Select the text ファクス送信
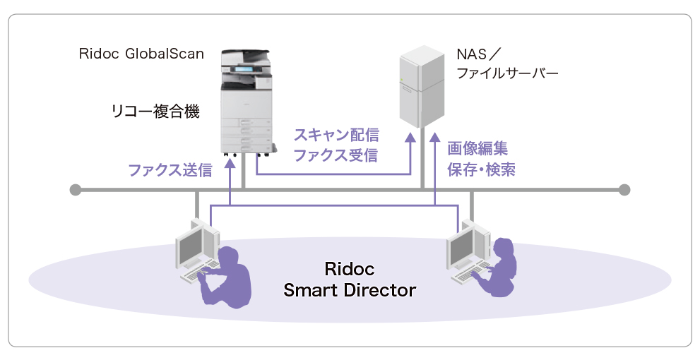click(x=170, y=170)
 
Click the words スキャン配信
click(x=336, y=134)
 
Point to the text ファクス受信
click(x=336, y=155)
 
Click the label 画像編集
click(x=477, y=149)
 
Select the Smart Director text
click(x=349, y=289)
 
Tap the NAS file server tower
click(x=421, y=85)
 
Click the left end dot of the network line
click(x=76, y=189)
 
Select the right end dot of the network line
click(x=624, y=189)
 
